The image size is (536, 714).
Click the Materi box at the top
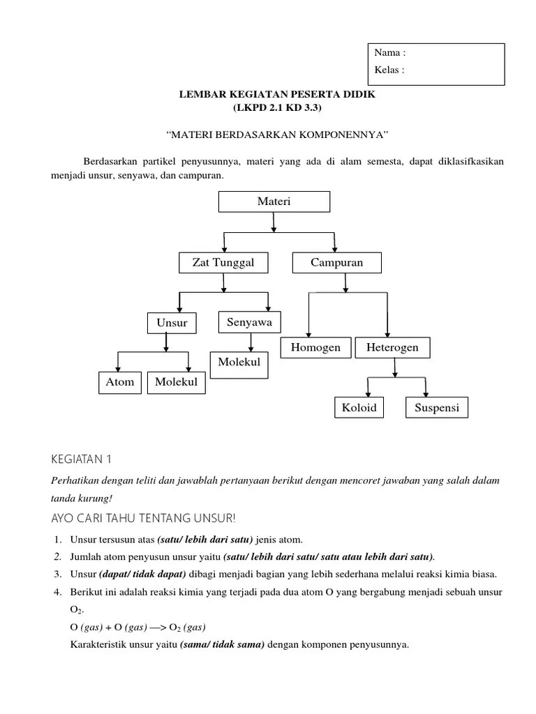coord(274,202)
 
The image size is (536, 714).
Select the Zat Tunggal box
coord(223,263)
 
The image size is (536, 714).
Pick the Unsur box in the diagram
coord(172,324)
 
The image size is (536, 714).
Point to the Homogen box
coord(316,347)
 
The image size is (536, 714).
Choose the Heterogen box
coord(393,347)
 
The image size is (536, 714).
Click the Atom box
coord(120,381)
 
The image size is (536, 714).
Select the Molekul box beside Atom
coord(177,381)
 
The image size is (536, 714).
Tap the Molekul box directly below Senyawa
coord(239,363)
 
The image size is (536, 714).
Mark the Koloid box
coord(359,407)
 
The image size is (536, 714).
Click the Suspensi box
coord(437,407)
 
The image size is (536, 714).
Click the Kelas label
coord(389,70)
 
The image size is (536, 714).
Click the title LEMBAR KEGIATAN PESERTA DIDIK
coord(277,94)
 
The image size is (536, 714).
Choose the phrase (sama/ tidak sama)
coord(222,644)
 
